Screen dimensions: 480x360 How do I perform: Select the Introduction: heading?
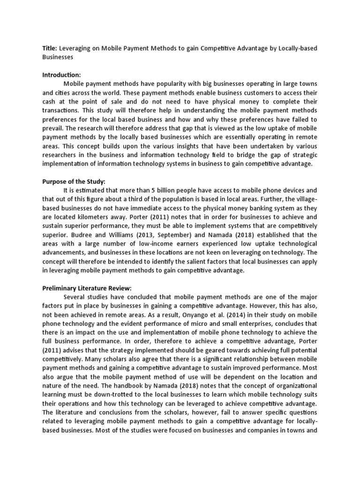62,75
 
